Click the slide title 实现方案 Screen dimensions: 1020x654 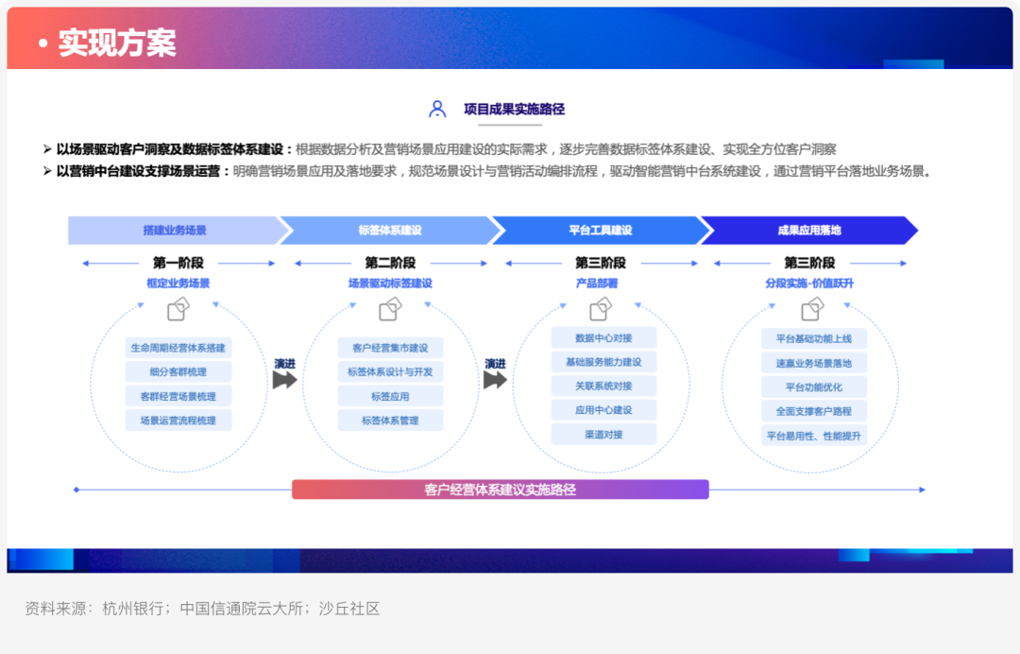[x=117, y=43]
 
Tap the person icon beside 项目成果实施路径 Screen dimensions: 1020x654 [x=437, y=109]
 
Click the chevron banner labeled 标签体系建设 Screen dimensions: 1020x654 [x=390, y=231]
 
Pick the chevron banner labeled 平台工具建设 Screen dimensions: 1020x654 [x=601, y=231]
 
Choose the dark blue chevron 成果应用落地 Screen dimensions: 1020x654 [x=809, y=231]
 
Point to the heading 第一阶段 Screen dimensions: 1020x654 [x=178, y=263]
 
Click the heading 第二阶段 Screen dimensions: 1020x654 [x=390, y=263]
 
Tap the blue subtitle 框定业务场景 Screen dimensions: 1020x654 [x=178, y=284]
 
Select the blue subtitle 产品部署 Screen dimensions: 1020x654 [x=597, y=284]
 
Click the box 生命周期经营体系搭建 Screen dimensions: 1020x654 [x=178, y=348]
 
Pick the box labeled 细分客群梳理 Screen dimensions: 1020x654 [x=178, y=371]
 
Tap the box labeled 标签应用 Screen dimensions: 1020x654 [x=390, y=396]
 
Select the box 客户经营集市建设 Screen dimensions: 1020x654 [x=390, y=348]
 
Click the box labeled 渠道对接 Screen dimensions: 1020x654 [x=603, y=434]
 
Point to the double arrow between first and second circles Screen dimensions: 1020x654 [x=284, y=380]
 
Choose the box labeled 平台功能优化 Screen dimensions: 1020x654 [x=814, y=387]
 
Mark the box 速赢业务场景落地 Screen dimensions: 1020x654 [x=814, y=363]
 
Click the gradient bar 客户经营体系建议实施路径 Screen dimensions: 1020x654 [x=501, y=490]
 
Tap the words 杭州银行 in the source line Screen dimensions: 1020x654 [x=133, y=609]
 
